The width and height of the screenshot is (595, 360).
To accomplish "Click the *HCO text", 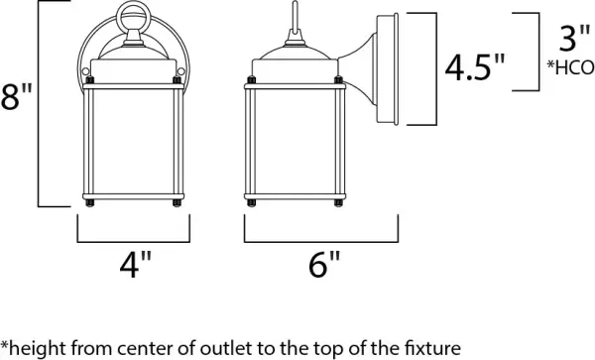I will [569, 67].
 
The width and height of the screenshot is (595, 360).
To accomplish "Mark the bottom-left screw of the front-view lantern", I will [89, 206].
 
